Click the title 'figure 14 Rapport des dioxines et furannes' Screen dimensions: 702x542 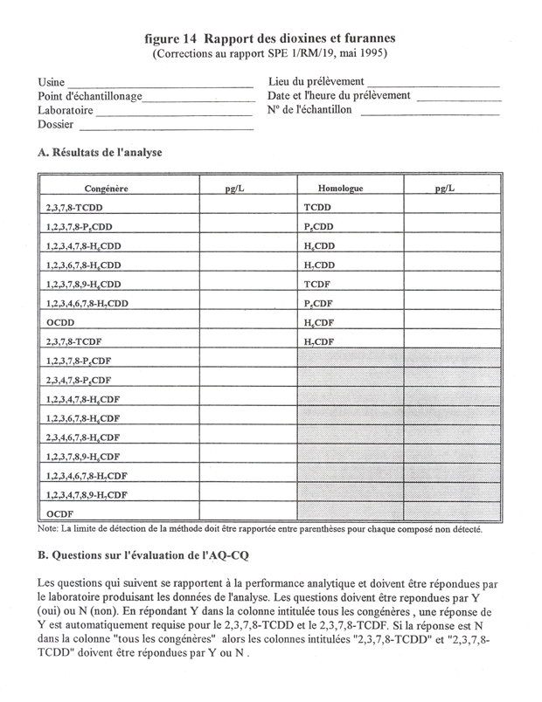point(270,38)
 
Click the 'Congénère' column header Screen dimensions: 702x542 point(107,188)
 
